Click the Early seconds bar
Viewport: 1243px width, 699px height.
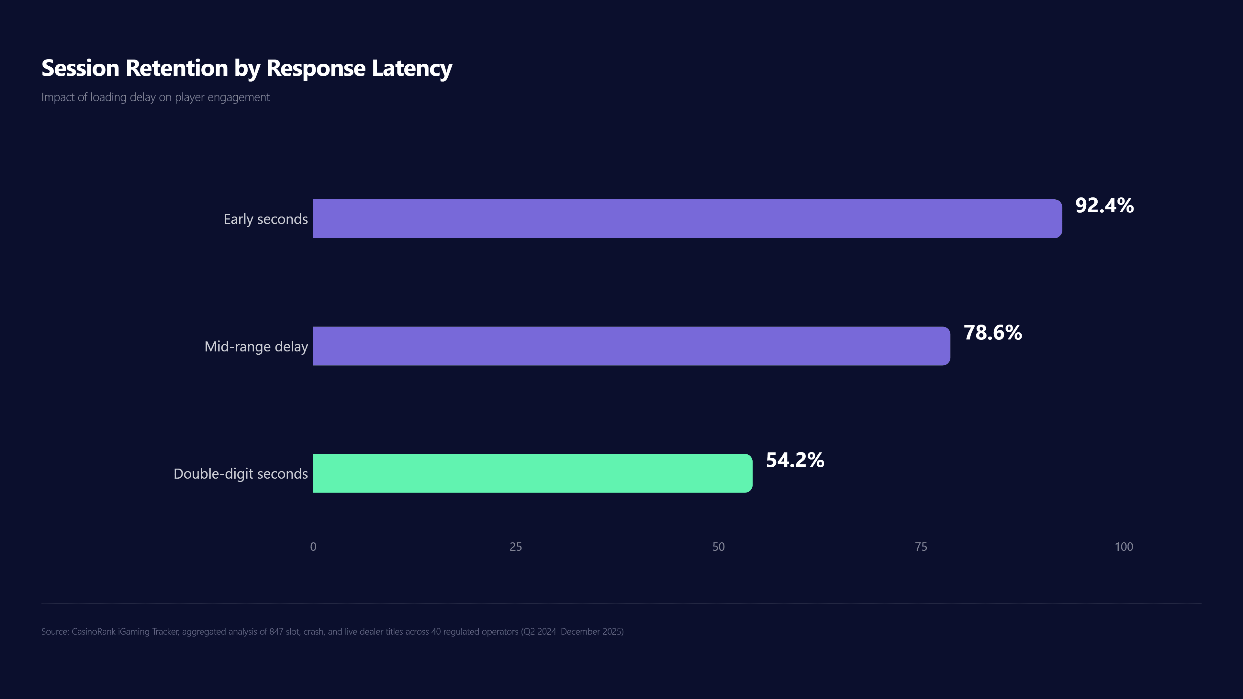coord(687,218)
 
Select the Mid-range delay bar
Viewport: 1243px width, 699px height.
coord(631,346)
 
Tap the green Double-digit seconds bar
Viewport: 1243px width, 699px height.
coord(532,473)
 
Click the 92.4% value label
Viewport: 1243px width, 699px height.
coord(1104,205)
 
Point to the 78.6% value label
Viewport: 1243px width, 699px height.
coord(992,333)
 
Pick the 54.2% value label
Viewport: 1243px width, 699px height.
coord(795,460)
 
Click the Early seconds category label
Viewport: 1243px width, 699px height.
coord(265,219)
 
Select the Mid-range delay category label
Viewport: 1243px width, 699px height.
coord(256,346)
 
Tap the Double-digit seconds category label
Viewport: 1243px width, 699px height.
coord(240,474)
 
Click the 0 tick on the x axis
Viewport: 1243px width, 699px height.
coord(313,547)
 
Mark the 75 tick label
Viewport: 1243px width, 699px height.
coord(921,547)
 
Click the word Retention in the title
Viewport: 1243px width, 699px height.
coord(177,68)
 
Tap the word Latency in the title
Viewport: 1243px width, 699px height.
coord(412,68)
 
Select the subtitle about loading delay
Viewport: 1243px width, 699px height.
coord(155,97)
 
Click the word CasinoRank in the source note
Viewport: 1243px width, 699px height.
coord(94,631)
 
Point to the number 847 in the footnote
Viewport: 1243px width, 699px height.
coord(276,631)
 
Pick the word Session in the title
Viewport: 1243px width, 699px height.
coord(80,68)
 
